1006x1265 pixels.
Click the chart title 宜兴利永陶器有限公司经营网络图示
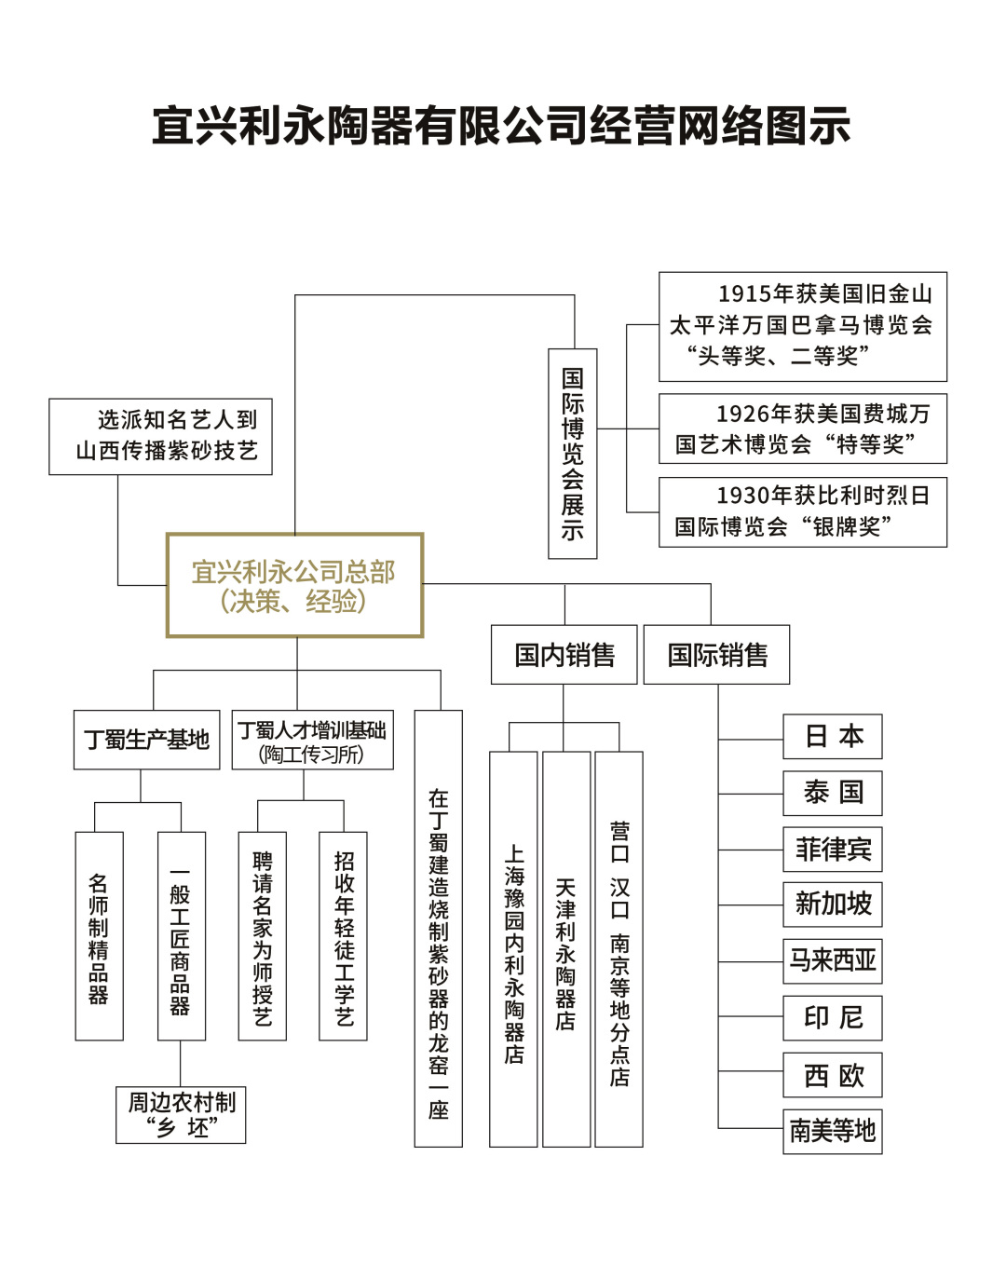501,127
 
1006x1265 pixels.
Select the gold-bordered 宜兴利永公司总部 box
294,585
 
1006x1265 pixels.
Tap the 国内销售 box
564,655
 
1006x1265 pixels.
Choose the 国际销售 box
716,655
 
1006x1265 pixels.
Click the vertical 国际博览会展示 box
573,454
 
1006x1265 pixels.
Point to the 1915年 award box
802,326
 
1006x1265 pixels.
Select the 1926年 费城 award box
802,428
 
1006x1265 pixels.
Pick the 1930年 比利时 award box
802,511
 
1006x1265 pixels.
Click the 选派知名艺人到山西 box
160,436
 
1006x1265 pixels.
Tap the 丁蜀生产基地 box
147,740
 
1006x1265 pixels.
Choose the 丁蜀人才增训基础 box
312,741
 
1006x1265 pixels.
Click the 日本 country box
832,737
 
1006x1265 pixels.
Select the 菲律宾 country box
832,850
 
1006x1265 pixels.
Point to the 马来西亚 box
832,960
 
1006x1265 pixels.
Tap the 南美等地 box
832,1131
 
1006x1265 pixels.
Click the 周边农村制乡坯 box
181,1115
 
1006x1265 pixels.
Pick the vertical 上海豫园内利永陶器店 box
513,948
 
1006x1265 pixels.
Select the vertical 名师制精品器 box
99,936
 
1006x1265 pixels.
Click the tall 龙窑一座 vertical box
438,928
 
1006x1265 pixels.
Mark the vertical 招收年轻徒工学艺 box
343,936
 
